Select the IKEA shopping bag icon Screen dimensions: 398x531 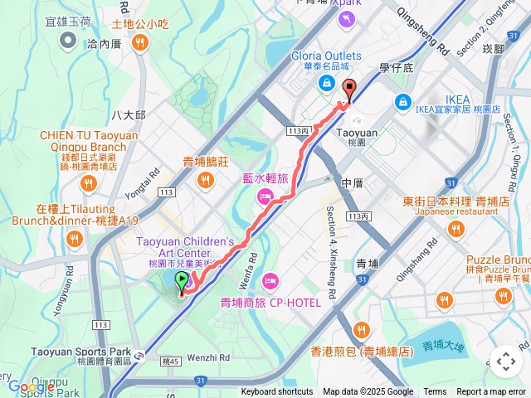(402, 101)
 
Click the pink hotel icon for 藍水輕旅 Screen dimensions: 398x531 (265, 197)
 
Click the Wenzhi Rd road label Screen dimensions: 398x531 (202, 357)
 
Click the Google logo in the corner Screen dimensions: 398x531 (31, 386)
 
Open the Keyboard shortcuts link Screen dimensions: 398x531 (277, 392)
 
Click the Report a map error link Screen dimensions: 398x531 (491, 392)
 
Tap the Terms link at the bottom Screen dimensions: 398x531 (435, 392)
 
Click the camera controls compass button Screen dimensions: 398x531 (505, 361)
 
